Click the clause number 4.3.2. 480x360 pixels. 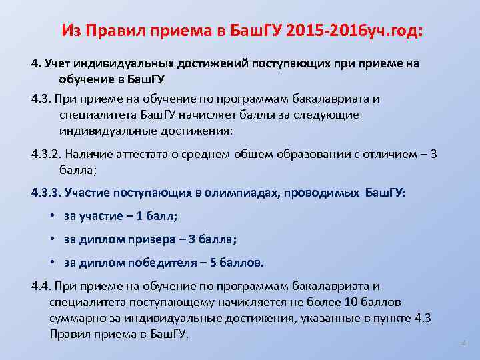pyautogui.click(x=47, y=155)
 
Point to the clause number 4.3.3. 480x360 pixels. pyautogui.click(x=47, y=193)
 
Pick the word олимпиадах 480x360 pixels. pyautogui.click(x=246, y=193)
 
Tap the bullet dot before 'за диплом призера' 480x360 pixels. pyautogui.click(x=53, y=239)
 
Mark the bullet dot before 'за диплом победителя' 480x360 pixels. pyautogui.click(x=53, y=263)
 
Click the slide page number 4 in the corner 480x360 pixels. pyautogui.click(x=463, y=343)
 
